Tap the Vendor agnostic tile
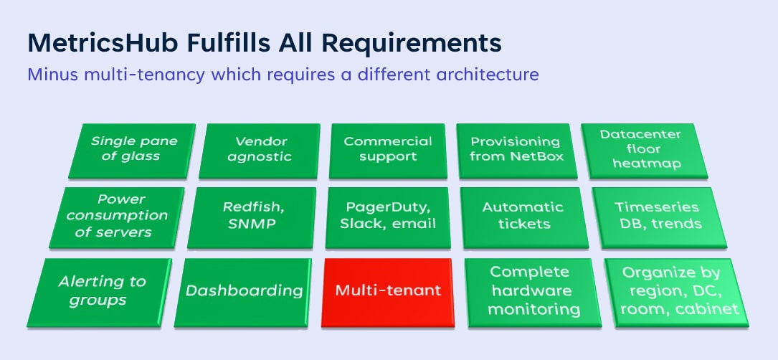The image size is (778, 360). [x=260, y=149]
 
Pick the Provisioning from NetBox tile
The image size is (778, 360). [x=516, y=149]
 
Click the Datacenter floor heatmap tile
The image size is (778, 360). [x=640, y=149]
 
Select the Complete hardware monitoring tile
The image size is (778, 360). [x=530, y=291]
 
